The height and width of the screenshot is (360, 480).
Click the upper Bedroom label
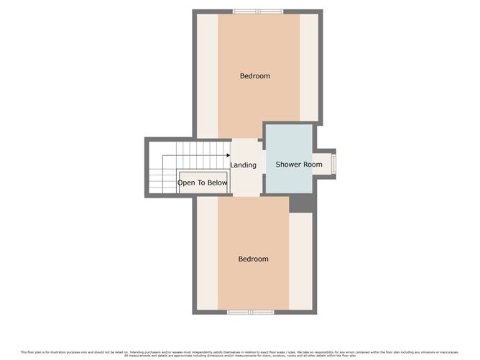pos(255,75)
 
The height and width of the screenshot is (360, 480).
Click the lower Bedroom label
pos(254,259)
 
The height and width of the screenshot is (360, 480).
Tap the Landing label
pos(243,165)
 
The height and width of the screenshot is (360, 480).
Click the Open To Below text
pos(203,183)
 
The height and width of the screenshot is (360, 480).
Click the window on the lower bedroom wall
pos(251,312)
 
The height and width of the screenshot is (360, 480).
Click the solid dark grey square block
pos(302,203)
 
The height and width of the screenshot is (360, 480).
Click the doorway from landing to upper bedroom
pos(244,138)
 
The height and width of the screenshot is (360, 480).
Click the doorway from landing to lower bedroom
pos(244,196)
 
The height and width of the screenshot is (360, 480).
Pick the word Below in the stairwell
pos(217,183)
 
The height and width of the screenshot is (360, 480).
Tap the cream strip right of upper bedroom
pos(309,68)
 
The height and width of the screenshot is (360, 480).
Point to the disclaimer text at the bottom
pos(239,353)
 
